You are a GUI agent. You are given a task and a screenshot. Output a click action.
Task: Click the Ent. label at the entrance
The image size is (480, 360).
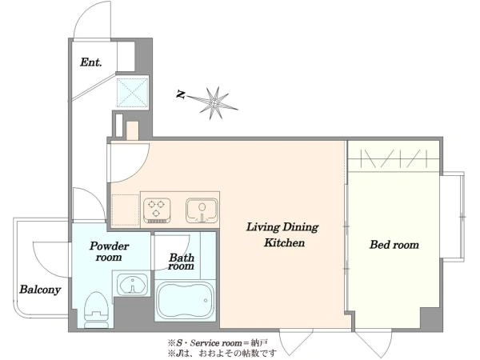(x=90, y=62)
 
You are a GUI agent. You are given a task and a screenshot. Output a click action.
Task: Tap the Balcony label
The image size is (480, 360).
(x=40, y=290)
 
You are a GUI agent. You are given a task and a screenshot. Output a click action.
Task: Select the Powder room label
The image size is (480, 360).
(x=109, y=251)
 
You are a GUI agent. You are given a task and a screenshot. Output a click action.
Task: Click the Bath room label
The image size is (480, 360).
(x=182, y=262)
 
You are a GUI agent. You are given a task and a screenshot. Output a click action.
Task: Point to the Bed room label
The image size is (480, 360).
(x=394, y=245)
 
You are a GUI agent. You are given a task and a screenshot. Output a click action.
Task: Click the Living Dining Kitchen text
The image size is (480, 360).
(x=282, y=234)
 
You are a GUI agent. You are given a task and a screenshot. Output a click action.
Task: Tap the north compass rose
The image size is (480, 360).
(x=215, y=103)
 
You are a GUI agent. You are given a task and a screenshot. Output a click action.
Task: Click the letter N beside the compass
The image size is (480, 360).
(x=181, y=94)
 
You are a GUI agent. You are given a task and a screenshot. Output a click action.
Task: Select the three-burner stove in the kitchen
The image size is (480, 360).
(x=157, y=210)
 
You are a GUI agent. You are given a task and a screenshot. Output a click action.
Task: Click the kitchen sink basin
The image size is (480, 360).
(x=202, y=210)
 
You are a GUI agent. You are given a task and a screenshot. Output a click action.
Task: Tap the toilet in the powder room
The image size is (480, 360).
(x=96, y=310)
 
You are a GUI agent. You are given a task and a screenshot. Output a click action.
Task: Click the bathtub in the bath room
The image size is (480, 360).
(x=186, y=300)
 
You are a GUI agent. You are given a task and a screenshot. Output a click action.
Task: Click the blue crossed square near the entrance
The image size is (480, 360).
(x=132, y=92)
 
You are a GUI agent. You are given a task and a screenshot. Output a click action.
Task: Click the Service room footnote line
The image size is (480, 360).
(x=218, y=342)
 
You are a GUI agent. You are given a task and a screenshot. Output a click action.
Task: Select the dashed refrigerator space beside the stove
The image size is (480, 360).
(x=126, y=210)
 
